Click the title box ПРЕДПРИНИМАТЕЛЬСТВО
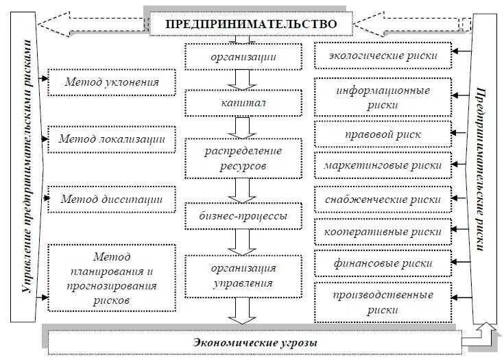pos(251,23)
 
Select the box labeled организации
pos(243,57)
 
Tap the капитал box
pos(243,103)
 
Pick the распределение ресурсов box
pos(243,157)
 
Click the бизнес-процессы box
pos(243,215)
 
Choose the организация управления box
pos(243,275)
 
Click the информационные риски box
pos(383,97)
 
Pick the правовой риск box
pos(383,134)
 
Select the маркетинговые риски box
pos(383,165)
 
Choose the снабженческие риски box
pos(383,200)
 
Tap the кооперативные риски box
pos(383,232)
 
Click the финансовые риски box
pos(383,263)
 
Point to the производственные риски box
pos(383,302)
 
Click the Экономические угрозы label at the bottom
pos(254,341)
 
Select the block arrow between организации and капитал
pos(241,80)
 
